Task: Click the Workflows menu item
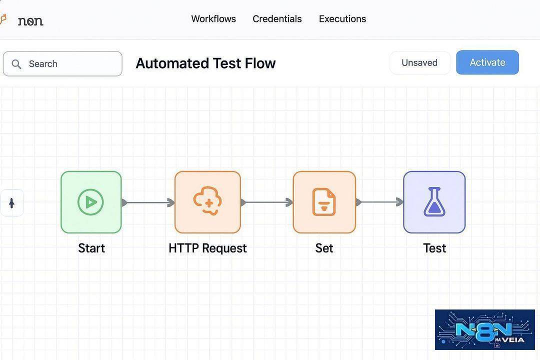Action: pyautogui.click(x=213, y=18)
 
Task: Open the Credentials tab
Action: pyautogui.click(x=277, y=18)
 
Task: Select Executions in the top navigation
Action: pyautogui.click(x=342, y=18)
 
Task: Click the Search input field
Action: pyautogui.click(x=62, y=63)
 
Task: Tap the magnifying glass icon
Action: pyautogui.click(x=16, y=64)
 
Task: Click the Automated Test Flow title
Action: pyautogui.click(x=205, y=63)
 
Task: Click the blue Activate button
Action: pyautogui.click(x=487, y=62)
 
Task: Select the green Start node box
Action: pyautogui.click(x=91, y=202)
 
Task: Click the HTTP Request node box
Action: pyautogui.click(x=207, y=202)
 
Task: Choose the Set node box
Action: pyautogui.click(x=324, y=202)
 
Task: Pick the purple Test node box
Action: pyautogui.click(x=434, y=202)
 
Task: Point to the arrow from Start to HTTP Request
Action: pyautogui.click(x=148, y=202)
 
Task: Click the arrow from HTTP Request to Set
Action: pyautogui.click(x=267, y=202)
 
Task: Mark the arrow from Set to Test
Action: pyautogui.click(x=379, y=202)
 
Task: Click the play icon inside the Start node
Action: pyautogui.click(x=90, y=202)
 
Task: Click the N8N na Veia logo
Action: pyautogui.click(x=485, y=329)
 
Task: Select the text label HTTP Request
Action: pyautogui.click(x=207, y=248)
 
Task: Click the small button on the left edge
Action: pyautogui.click(x=11, y=203)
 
